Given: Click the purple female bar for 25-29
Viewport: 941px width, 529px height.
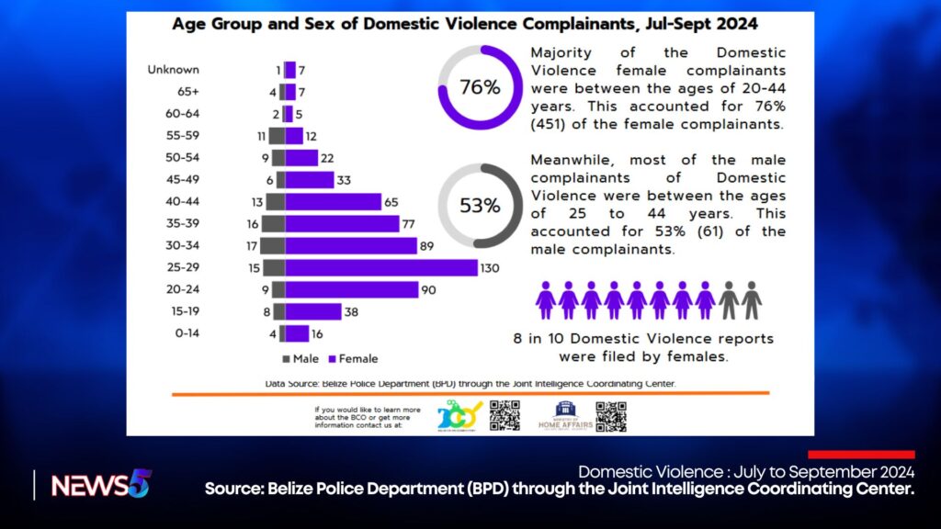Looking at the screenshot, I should (x=381, y=267).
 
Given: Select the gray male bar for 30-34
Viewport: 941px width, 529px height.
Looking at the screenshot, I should (x=272, y=245).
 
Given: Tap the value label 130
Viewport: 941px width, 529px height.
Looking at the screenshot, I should (x=493, y=267).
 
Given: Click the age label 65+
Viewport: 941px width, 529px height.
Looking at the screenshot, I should (x=187, y=92).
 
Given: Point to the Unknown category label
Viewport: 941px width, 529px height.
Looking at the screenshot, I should (x=174, y=70).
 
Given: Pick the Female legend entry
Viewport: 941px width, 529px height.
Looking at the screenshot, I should (x=353, y=358).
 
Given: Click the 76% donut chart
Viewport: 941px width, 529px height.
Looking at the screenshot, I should (x=481, y=87).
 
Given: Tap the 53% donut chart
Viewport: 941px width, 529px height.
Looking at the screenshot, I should (x=481, y=206).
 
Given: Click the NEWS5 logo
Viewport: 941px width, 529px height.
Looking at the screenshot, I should (x=101, y=484).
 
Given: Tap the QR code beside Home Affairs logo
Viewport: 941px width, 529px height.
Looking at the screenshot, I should (x=610, y=416).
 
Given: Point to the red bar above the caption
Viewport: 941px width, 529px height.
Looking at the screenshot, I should (x=861, y=455).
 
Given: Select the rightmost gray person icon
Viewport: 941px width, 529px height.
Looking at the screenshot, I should (x=752, y=300).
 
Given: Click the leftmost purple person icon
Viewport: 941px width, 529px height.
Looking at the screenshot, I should (x=546, y=300).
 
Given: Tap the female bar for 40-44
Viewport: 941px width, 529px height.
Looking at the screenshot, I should (x=333, y=201).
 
